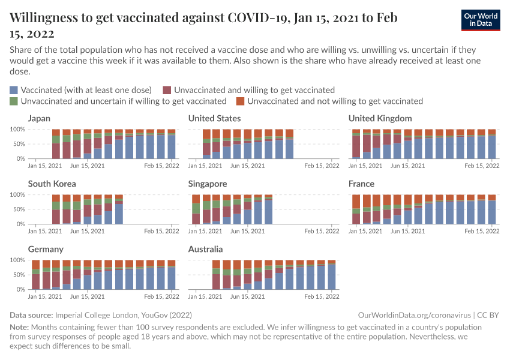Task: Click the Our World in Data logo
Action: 481,20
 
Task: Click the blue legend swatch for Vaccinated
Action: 14,90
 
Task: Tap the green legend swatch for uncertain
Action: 14,101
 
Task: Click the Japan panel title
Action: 39,118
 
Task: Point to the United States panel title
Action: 214,118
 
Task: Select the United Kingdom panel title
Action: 380,118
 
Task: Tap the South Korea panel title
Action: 52,184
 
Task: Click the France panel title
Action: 361,184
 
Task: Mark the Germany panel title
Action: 46,249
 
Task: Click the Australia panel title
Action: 205,249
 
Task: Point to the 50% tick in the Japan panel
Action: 17,144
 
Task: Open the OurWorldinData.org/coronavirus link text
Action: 413,315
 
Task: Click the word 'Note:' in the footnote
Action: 21,327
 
